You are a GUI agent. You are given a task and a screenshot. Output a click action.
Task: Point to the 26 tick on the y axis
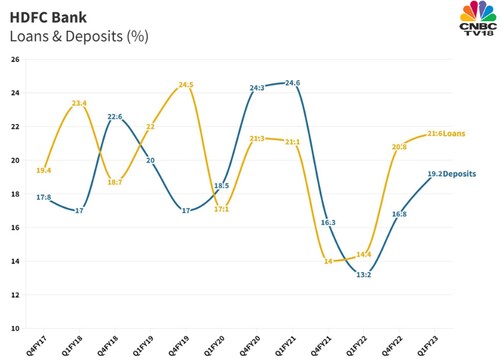coord(15,59)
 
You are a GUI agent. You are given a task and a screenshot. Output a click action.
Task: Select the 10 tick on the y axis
coord(15,328)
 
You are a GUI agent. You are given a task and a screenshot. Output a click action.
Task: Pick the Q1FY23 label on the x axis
coord(427,343)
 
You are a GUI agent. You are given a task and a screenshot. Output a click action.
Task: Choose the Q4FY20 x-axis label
coord(252,343)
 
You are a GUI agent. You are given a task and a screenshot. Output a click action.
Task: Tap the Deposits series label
coord(461,174)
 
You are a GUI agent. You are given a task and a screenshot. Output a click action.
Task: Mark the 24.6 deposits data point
coord(293,83)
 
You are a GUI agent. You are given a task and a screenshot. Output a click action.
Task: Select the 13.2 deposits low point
coord(363,275)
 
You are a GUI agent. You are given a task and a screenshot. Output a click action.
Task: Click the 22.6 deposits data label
coord(115,117)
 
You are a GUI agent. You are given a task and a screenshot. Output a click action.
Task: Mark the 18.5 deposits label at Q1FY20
coord(222,186)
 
